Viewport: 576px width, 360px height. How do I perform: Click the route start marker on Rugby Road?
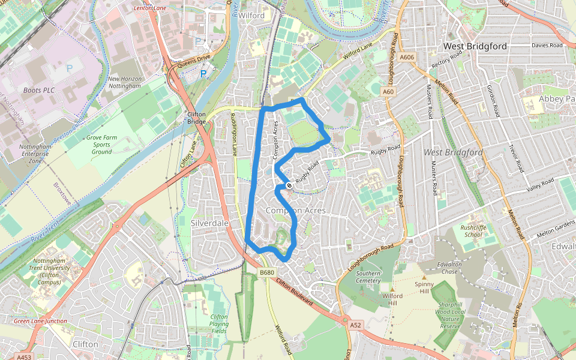289,186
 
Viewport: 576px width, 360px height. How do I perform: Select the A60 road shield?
389,92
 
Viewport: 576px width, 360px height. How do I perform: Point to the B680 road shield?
268,273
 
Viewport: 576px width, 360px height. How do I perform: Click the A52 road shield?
356,325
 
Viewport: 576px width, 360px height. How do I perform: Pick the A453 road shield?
23,357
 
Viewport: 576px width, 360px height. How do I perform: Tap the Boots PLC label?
40,90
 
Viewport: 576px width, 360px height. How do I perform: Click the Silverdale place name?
210,223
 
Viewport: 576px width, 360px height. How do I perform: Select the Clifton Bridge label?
197,118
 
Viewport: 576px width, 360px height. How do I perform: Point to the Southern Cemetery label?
368,277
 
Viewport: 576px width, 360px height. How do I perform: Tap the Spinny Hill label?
424,288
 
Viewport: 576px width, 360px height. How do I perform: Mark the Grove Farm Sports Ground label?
101,145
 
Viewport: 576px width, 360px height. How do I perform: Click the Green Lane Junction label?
40,322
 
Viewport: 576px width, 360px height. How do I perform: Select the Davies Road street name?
547,45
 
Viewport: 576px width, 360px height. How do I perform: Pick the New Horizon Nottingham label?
124,82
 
